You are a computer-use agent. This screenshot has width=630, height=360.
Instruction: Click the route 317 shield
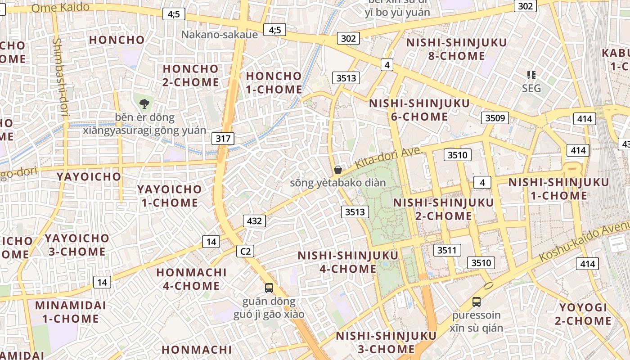coord(223,138)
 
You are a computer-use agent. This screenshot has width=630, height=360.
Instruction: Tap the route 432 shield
coord(254,221)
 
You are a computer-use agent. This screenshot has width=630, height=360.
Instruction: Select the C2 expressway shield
coord(245,251)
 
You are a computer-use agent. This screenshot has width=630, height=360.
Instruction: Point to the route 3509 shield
coord(495,118)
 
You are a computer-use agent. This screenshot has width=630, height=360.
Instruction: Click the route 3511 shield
coord(447,250)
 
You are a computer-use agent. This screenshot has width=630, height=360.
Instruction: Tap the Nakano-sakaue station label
coord(220,35)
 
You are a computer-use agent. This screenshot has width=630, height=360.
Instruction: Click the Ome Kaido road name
coord(61,8)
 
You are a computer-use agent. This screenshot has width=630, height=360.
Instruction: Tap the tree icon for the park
coord(144,104)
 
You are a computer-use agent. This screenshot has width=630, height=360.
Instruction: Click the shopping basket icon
coord(338,170)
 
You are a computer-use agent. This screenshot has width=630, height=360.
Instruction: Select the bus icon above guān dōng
coord(269,288)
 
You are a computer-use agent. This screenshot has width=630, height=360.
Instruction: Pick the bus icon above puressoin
coord(477,301)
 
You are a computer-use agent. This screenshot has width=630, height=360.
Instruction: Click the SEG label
coord(531,88)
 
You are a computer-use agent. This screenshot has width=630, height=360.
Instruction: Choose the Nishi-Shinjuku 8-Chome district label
coord(457,49)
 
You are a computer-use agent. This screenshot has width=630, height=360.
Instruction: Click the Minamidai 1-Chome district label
coord(70,312)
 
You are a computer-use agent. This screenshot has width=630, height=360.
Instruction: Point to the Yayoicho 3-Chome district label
coord(76,245)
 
